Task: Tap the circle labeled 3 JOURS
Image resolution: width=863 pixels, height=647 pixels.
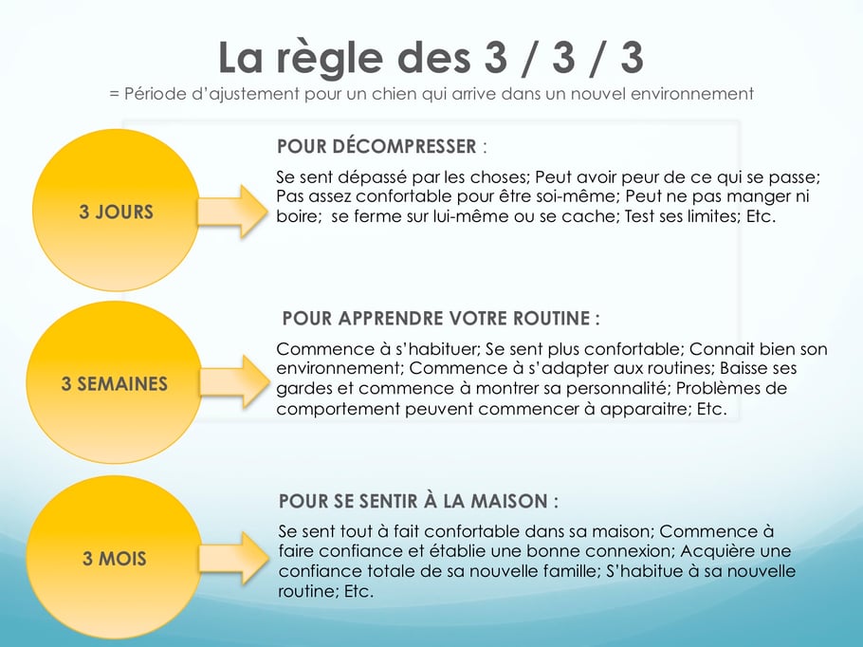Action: pos(115,211)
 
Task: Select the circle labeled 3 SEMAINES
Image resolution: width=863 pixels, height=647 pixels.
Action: pos(114,383)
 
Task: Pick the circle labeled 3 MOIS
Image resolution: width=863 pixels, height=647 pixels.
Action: pos(114,558)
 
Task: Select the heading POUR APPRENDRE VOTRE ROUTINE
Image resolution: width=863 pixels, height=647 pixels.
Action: pos(441,318)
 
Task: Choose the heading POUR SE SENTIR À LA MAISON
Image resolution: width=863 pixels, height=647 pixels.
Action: pos(418,500)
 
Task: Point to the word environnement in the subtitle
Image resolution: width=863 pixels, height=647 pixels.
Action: pos(694,93)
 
